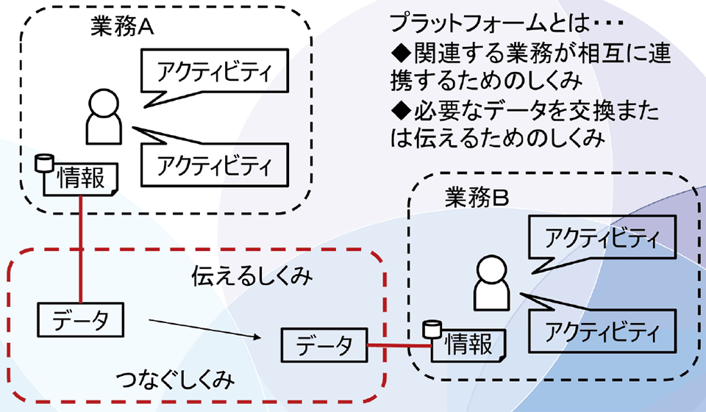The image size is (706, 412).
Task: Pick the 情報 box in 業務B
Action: click(x=469, y=344)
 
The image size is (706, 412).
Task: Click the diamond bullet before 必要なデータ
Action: click(x=401, y=112)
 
